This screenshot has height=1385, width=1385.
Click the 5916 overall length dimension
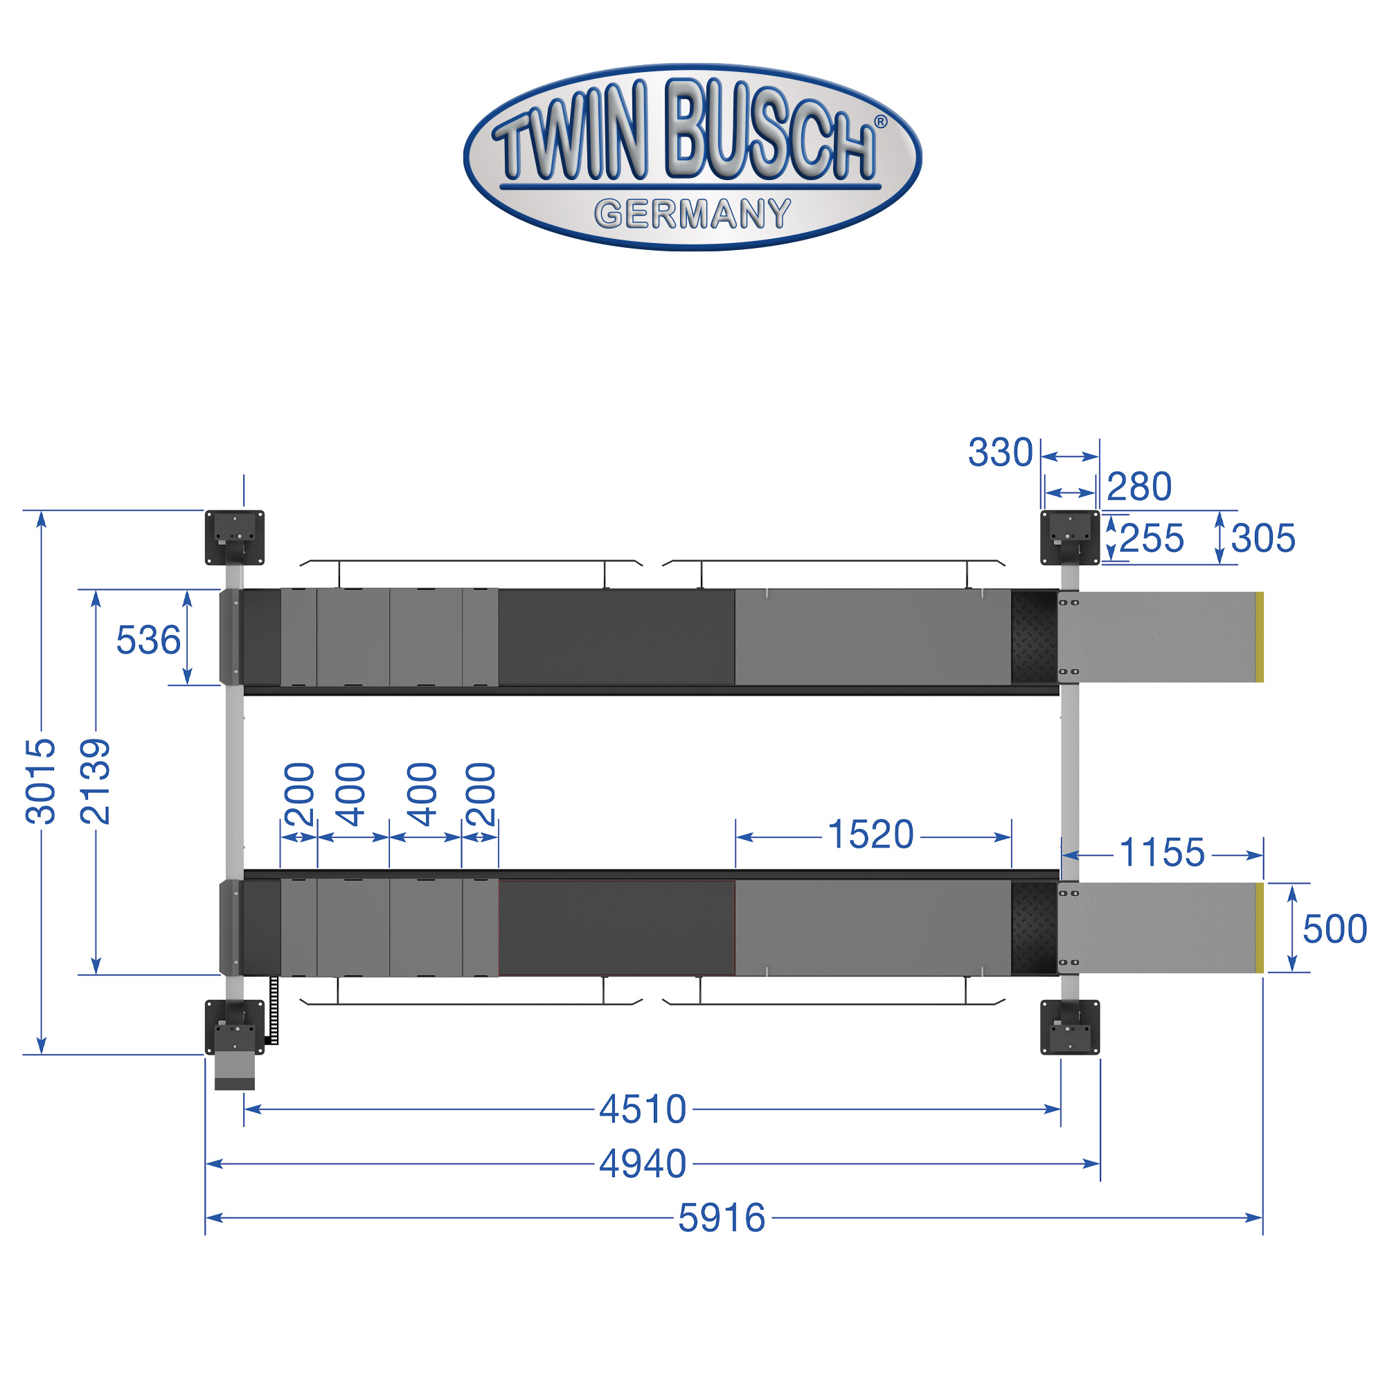tap(722, 1218)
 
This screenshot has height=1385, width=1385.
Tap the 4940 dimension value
tap(643, 1163)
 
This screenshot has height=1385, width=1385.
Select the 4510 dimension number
tap(643, 1109)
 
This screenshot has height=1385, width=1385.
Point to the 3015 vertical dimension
tap(40, 781)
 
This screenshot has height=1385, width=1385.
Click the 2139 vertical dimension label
tap(96, 781)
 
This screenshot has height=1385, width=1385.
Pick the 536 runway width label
tap(148, 640)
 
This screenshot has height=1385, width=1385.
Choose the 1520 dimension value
tap(871, 834)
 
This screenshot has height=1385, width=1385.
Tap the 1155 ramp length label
tap(1162, 853)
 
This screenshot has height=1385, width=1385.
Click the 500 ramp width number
tap(1335, 929)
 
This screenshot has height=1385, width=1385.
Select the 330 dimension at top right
tap(1001, 453)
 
